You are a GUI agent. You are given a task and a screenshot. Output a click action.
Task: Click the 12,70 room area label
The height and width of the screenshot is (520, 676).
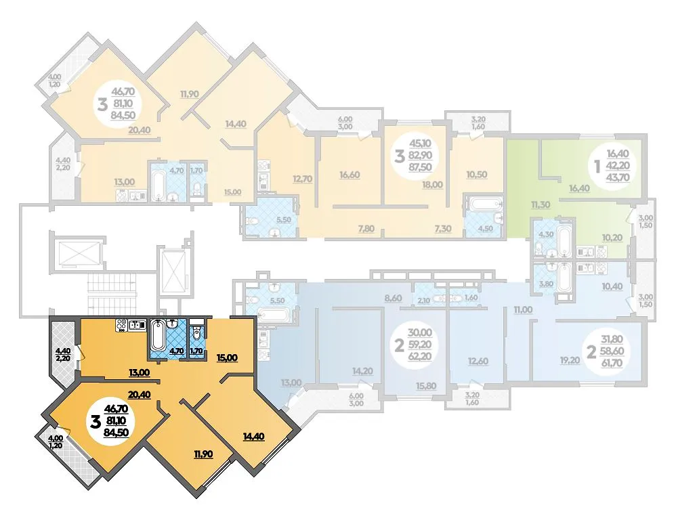click(x=302, y=178)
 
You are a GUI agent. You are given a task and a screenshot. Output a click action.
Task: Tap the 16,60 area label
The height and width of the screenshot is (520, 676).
click(x=350, y=175)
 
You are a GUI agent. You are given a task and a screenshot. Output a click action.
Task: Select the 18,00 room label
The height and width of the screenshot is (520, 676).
click(x=432, y=184)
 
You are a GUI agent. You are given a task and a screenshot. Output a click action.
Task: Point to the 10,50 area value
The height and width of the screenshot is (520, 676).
click(x=477, y=174)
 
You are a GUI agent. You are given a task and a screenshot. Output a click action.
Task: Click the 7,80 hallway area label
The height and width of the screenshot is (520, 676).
click(x=366, y=229)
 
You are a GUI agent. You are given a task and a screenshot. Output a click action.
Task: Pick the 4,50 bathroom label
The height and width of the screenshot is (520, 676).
click(x=486, y=229)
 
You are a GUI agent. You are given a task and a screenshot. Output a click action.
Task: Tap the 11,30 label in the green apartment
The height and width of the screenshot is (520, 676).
click(x=541, y=204)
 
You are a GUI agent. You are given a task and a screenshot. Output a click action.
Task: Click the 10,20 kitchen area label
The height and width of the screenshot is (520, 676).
click(x=612, y=237)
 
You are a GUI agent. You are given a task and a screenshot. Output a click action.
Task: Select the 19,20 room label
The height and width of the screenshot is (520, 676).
click(x=570, y=361)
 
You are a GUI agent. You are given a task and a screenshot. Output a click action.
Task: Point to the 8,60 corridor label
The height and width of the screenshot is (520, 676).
click(x=393, y=298)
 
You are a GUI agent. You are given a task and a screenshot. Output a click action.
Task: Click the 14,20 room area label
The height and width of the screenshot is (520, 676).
click(x=362, y=371)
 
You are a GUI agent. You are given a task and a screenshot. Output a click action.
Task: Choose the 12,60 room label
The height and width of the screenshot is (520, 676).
click(x=478, y=361)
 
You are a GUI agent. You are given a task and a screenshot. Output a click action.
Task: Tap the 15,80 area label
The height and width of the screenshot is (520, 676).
click(x=426, y=385)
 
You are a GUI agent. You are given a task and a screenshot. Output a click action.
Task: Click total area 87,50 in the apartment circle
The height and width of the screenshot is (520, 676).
click(x=420, y=167)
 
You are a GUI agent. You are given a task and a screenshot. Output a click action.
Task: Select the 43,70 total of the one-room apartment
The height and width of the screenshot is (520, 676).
click(x=618, y=177)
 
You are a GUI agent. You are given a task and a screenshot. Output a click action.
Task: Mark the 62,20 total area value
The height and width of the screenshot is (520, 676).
click(x=420, y=356)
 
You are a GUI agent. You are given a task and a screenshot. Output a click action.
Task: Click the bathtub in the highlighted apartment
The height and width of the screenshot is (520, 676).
click(x=157, y=336)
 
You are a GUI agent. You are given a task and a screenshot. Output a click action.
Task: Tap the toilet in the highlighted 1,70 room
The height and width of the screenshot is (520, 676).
click(x=196, y=332)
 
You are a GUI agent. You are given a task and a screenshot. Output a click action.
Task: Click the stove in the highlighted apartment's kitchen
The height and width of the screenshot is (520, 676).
click(x=121, y=325)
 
